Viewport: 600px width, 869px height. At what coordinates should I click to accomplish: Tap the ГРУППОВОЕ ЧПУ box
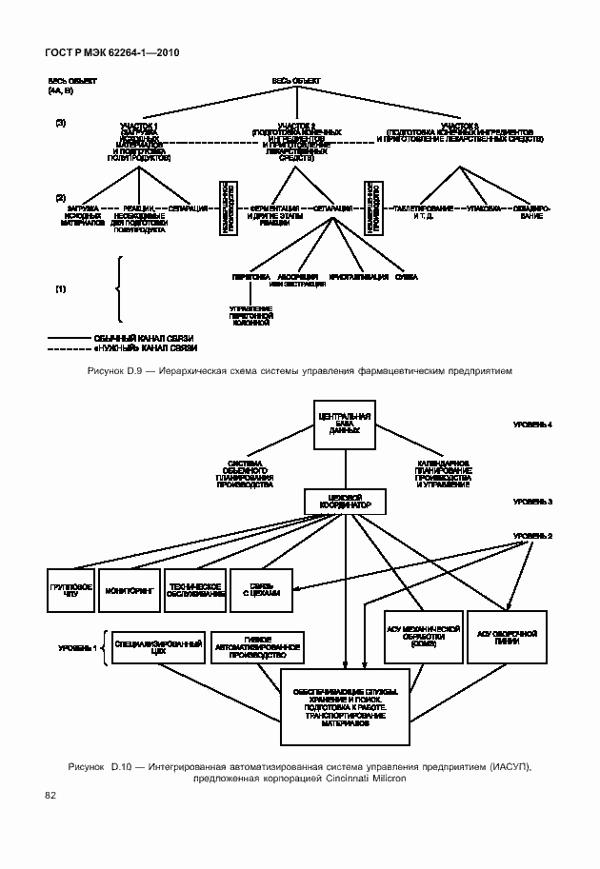tap(70, 590)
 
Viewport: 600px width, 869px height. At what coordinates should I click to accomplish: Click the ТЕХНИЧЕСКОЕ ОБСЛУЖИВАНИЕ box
tap(195, 590)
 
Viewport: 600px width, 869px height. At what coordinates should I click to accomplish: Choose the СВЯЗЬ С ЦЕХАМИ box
tap(259, 590)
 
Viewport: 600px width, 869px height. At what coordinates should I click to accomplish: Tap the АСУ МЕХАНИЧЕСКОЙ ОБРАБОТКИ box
tap(424, 636)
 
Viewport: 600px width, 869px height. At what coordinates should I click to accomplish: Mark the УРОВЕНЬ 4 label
tap(532, 424)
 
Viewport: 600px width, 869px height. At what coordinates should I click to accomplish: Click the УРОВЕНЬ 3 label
tap(532, 500)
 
